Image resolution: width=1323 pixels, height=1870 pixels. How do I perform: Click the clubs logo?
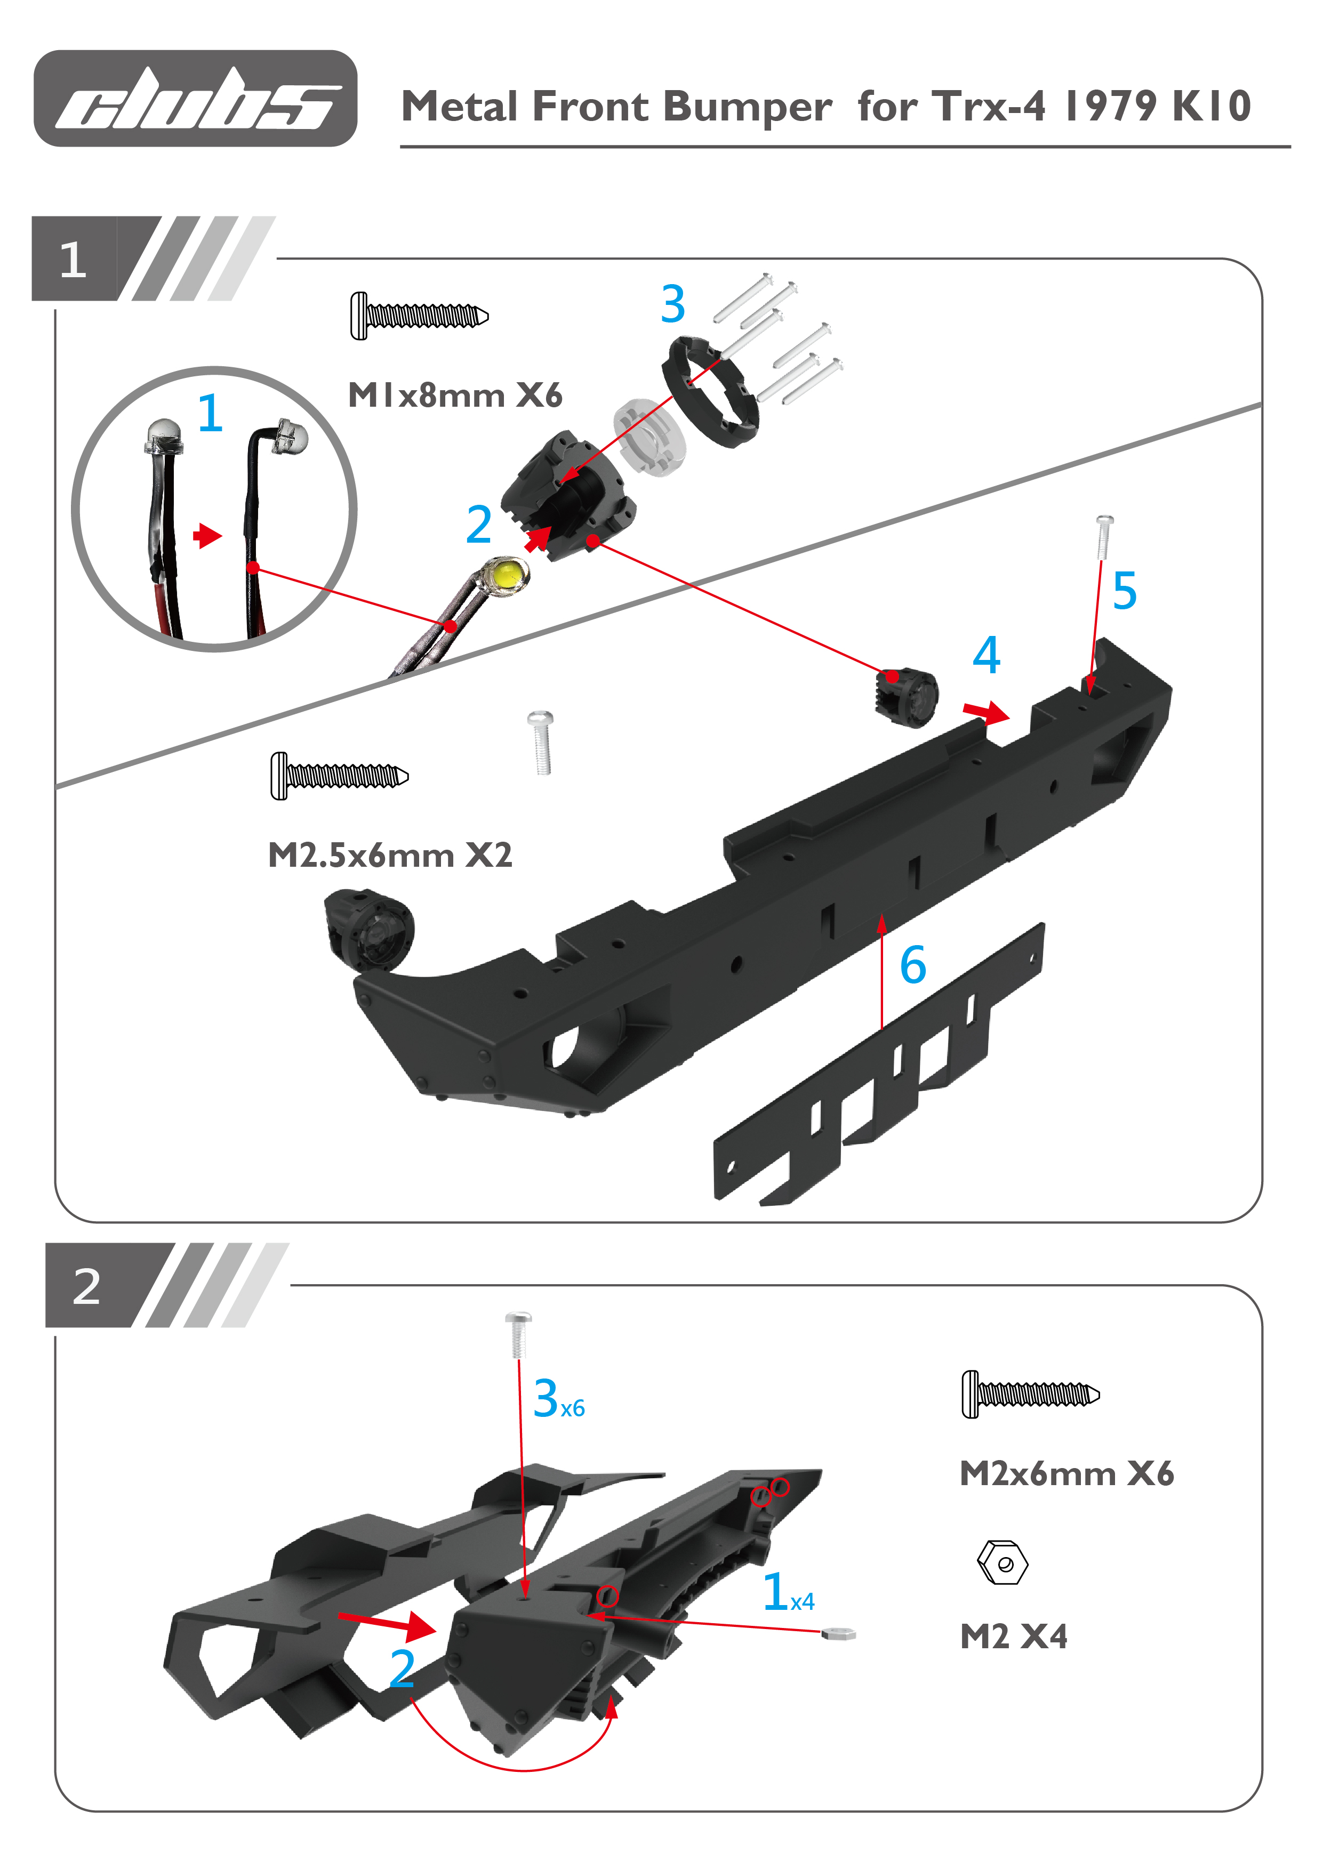coord(196,99)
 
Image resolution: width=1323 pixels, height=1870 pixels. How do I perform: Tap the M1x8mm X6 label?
coord(454,396)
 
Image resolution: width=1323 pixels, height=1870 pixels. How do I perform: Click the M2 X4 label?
coord(1013,1637)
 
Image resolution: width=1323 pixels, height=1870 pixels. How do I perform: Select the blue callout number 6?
coord(913,965)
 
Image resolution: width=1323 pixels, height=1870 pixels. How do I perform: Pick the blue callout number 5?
coord(1124,591)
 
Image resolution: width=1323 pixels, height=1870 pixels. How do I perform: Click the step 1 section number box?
coord(73,259)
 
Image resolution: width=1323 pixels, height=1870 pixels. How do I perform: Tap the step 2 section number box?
coord(87,1286)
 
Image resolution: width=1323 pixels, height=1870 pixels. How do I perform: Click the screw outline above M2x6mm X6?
coord(1031,1395)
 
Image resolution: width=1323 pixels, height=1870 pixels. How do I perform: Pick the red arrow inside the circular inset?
coord(207,535)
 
